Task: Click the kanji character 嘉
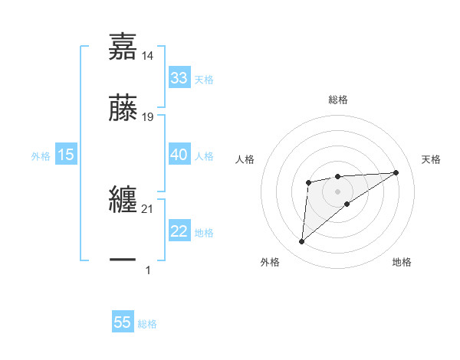pos(123,46)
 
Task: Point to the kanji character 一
pos(123,260)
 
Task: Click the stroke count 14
pos(148,56)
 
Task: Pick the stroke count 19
pos(148,117)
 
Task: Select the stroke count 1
pos(148,270)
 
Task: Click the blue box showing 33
pos(179,78)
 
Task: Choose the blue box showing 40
pos(179,155)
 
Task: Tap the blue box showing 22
pos(179,231)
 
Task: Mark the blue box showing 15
pos(66,155)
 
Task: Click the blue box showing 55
pos(123,322)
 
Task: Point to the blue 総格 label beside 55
pos(147,324)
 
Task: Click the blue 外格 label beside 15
pos(41,155)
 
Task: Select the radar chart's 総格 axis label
pos(338,100)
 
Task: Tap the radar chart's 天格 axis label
pos(432,159)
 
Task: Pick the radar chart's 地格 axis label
pos(402,262)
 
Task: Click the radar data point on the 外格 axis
pos(301,242)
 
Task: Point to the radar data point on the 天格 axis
pos(396,172)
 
